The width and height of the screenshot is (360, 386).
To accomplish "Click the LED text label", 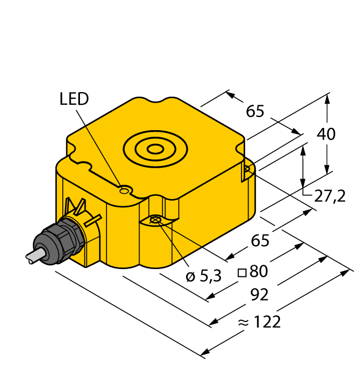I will point(73,99).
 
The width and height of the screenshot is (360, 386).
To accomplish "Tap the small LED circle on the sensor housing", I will point(125,191).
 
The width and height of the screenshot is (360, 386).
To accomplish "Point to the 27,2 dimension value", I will point(330,195).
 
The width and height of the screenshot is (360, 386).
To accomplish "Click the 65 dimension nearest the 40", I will point(255,111).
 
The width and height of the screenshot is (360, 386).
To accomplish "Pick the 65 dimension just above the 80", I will point(261,241).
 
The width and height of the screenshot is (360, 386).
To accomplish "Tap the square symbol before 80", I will point(241,272).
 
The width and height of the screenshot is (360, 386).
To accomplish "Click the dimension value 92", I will point(259,295).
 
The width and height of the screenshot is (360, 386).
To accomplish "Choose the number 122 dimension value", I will point(267,322).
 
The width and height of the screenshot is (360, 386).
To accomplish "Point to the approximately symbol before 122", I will point(243,323).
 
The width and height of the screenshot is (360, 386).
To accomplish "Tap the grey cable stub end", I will point(31,255).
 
